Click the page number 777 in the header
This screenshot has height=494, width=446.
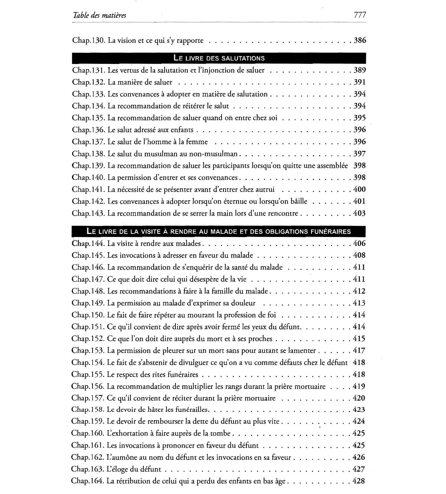click(x=360, y=15)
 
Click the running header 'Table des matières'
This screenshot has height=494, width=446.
click(x=99, y=15)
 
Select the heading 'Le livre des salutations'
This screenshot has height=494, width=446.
click(x=219, y=58)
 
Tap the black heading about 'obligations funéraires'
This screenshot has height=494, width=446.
click(x=219, y=231)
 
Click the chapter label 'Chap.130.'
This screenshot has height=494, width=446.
click(x=89, y=40)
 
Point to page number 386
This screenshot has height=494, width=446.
click(x=360, y=40)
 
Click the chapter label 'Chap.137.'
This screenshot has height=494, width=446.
click(x=89, y=142)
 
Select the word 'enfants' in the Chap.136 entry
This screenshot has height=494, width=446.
click(x=182, y=130)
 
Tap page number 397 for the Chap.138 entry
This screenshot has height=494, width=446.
click(x=360, y=154)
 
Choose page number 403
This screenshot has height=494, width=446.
click(x=360, y=213)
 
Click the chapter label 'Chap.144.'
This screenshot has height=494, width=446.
click(x=88, y=244)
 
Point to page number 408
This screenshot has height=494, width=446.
click(x=359, y=256)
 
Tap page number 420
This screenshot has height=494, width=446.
click(x=359, y=398)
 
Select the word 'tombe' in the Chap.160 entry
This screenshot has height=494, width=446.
click(x=222, y=433)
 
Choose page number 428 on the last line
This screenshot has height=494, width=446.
click(x=359, y=481)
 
